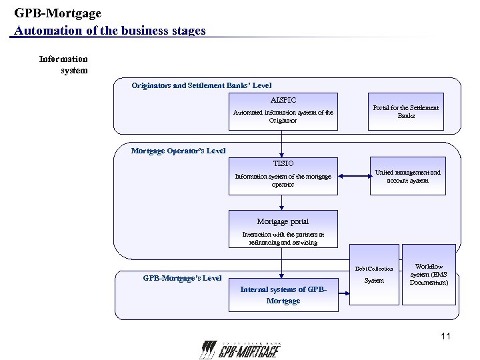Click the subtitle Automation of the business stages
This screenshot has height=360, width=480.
(x=110, y=31)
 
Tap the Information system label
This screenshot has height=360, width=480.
(x=64, y=65)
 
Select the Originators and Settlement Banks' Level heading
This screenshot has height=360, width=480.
(x=201, y=85)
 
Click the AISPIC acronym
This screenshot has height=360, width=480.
(x=283, y=100)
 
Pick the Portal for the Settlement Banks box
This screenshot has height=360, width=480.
(x=406, y=111)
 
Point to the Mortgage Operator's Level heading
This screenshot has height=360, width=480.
(x=178, y=151)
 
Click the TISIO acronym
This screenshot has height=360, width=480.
(x=283, y=163)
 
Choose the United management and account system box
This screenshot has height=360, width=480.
(x=407, y=176)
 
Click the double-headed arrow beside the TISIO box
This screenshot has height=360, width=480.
(x=353, y=176)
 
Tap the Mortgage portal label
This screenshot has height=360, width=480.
(x=283, y=221)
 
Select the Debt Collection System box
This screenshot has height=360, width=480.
(x=374, y=274)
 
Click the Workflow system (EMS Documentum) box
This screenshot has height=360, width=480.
(x=429, y=274)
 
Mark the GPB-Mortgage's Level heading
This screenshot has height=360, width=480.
(x=182, y=278)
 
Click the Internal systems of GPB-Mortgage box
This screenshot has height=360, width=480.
(x=283, y=295)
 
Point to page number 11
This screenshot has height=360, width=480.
(x=445, y=336)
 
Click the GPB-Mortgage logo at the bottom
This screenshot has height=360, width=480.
(x=239, y=350)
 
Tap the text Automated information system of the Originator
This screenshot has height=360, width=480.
(x=283, y=117)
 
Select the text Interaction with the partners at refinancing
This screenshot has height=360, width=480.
(x=283, y=239)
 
